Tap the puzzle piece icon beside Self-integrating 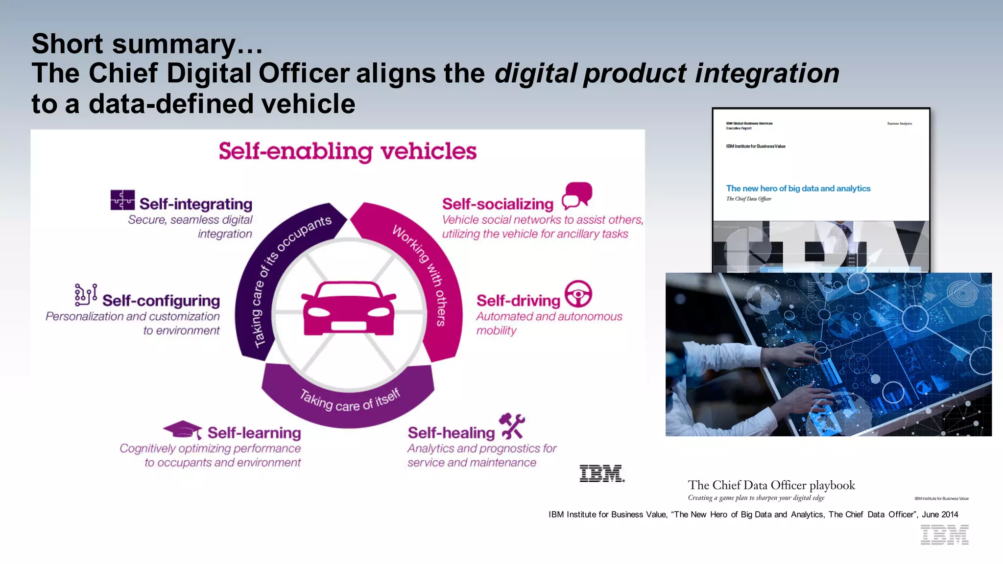(122, 200)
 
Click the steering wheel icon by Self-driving (578, 294)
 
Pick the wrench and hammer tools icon (512, 426)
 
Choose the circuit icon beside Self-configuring (86, 295)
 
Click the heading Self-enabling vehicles (347, 151)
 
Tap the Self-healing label (451, 433)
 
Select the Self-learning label (254, 433)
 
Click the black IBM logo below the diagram (601, 473)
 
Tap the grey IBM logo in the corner (944, 535)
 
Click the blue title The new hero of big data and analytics (798, 188)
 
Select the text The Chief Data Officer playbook (771, 485)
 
